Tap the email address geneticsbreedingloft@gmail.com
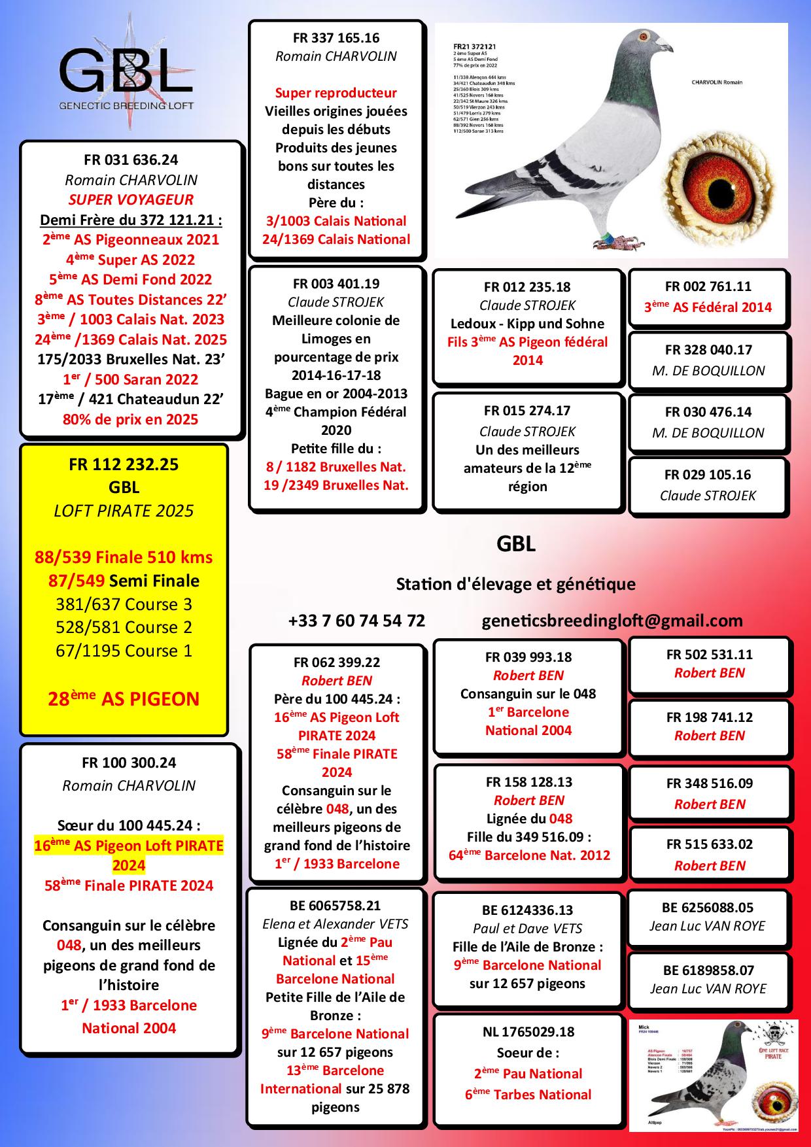click(x=612, y=621)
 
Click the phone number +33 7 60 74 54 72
click(x=356, y=621)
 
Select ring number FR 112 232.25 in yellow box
click(x=124, y=464)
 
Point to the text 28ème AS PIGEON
click(x=124, y=699)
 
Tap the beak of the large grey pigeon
click(x=665, y=47)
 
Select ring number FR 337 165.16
click(x=336, y=38)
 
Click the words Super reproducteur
click(x=336, y=93)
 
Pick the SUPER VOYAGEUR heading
click(x=131, y=199)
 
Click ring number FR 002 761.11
click(x=708, y=286)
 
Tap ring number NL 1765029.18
click(x=528, y=1032)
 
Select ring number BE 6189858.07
click(x=708, y=970)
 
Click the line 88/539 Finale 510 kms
click(x=124, y=557)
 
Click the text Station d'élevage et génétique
click(x=516, y=583)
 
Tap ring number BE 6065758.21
click(x=335, y=906)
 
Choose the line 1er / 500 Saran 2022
click(x=131, y=379)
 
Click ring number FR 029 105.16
click(x=708, y=475)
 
